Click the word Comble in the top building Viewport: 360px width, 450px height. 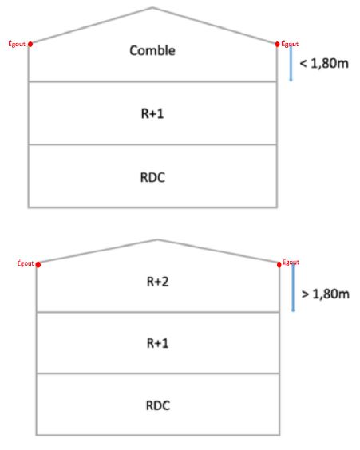tap(152, 50)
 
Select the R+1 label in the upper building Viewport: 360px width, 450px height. tap(152, 113)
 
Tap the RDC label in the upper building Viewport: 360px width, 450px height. tap(152, 177)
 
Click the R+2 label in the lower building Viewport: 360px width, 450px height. tap(157, 282)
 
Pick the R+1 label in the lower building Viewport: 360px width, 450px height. tap(157, 343)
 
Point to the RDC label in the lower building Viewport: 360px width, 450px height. tap(158, 405)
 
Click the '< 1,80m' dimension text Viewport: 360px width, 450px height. tap(324, 63)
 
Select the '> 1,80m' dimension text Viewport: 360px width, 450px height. tap(326, 294)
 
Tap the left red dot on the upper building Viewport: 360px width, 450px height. tap(30, 44)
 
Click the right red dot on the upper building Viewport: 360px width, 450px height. tap(277, 44)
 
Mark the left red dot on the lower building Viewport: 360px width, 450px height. tap(38, 264)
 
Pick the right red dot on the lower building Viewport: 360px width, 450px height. tap(279, 264)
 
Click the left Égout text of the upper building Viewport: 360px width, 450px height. tap(17, 44)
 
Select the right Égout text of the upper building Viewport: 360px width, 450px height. tap(290, 44)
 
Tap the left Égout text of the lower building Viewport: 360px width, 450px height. tap(26, 263)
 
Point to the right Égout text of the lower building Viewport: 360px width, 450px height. tap(291, 262)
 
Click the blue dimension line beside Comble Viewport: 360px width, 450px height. tap(291, 63)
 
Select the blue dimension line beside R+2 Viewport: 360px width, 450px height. tap(293, 288)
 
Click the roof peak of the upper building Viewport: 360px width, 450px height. tap(152, 8)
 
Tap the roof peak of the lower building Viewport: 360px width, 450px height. tap(157, 239)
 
